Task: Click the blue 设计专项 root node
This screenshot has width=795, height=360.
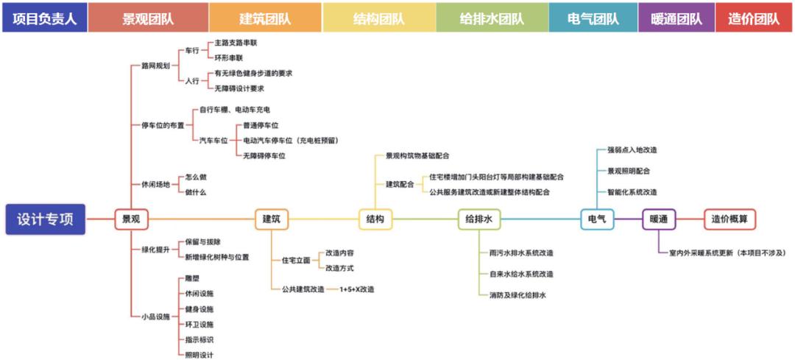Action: coord(45,219)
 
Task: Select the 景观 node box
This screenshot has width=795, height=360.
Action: coord(131,219)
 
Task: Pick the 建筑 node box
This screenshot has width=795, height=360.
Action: coord(271,219)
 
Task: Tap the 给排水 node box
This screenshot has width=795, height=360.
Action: coord(478,219)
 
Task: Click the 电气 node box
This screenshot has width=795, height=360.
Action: coord(597,219)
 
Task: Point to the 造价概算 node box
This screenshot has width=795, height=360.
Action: coord(729,219)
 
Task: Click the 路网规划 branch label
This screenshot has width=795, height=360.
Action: coord(155,66)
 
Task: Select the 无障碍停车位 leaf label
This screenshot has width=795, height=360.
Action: coord(264,155)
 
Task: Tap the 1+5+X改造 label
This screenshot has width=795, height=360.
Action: coord(356,289)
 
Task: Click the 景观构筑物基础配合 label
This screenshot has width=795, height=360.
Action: coord(417,156)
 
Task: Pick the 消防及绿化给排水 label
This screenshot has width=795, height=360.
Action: coord(517,295)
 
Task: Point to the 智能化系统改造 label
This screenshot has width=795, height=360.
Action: coord(632,191)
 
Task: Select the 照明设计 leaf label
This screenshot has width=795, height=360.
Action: coord(199,355)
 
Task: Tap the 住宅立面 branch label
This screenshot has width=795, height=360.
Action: coord(295,261)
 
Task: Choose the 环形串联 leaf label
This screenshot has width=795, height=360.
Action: coord(228,57)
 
